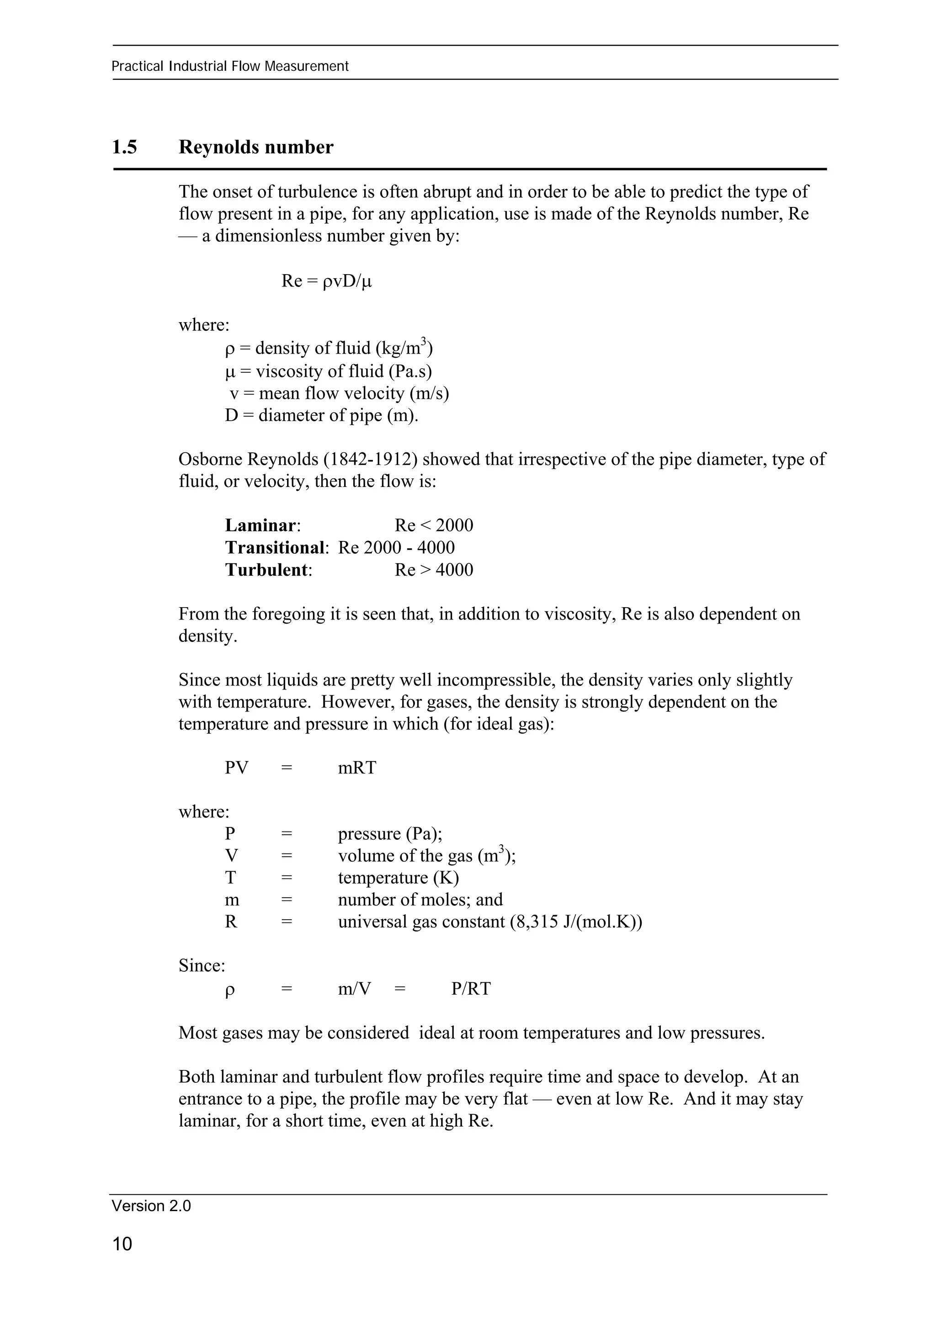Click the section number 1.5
pos(125,148)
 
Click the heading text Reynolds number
pos(256,148)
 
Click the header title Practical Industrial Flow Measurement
pos(230,66)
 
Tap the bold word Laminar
pos(261,525)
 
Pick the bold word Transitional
pos(275,547)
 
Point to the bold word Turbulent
pos(267,570)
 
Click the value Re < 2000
pos(434,525)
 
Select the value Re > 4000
pos(434,570)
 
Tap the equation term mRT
pos(357,768)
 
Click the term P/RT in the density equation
pos(471,989)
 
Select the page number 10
pos(122,1244)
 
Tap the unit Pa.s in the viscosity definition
pos(409,371)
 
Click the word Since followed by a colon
pos(200,966)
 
